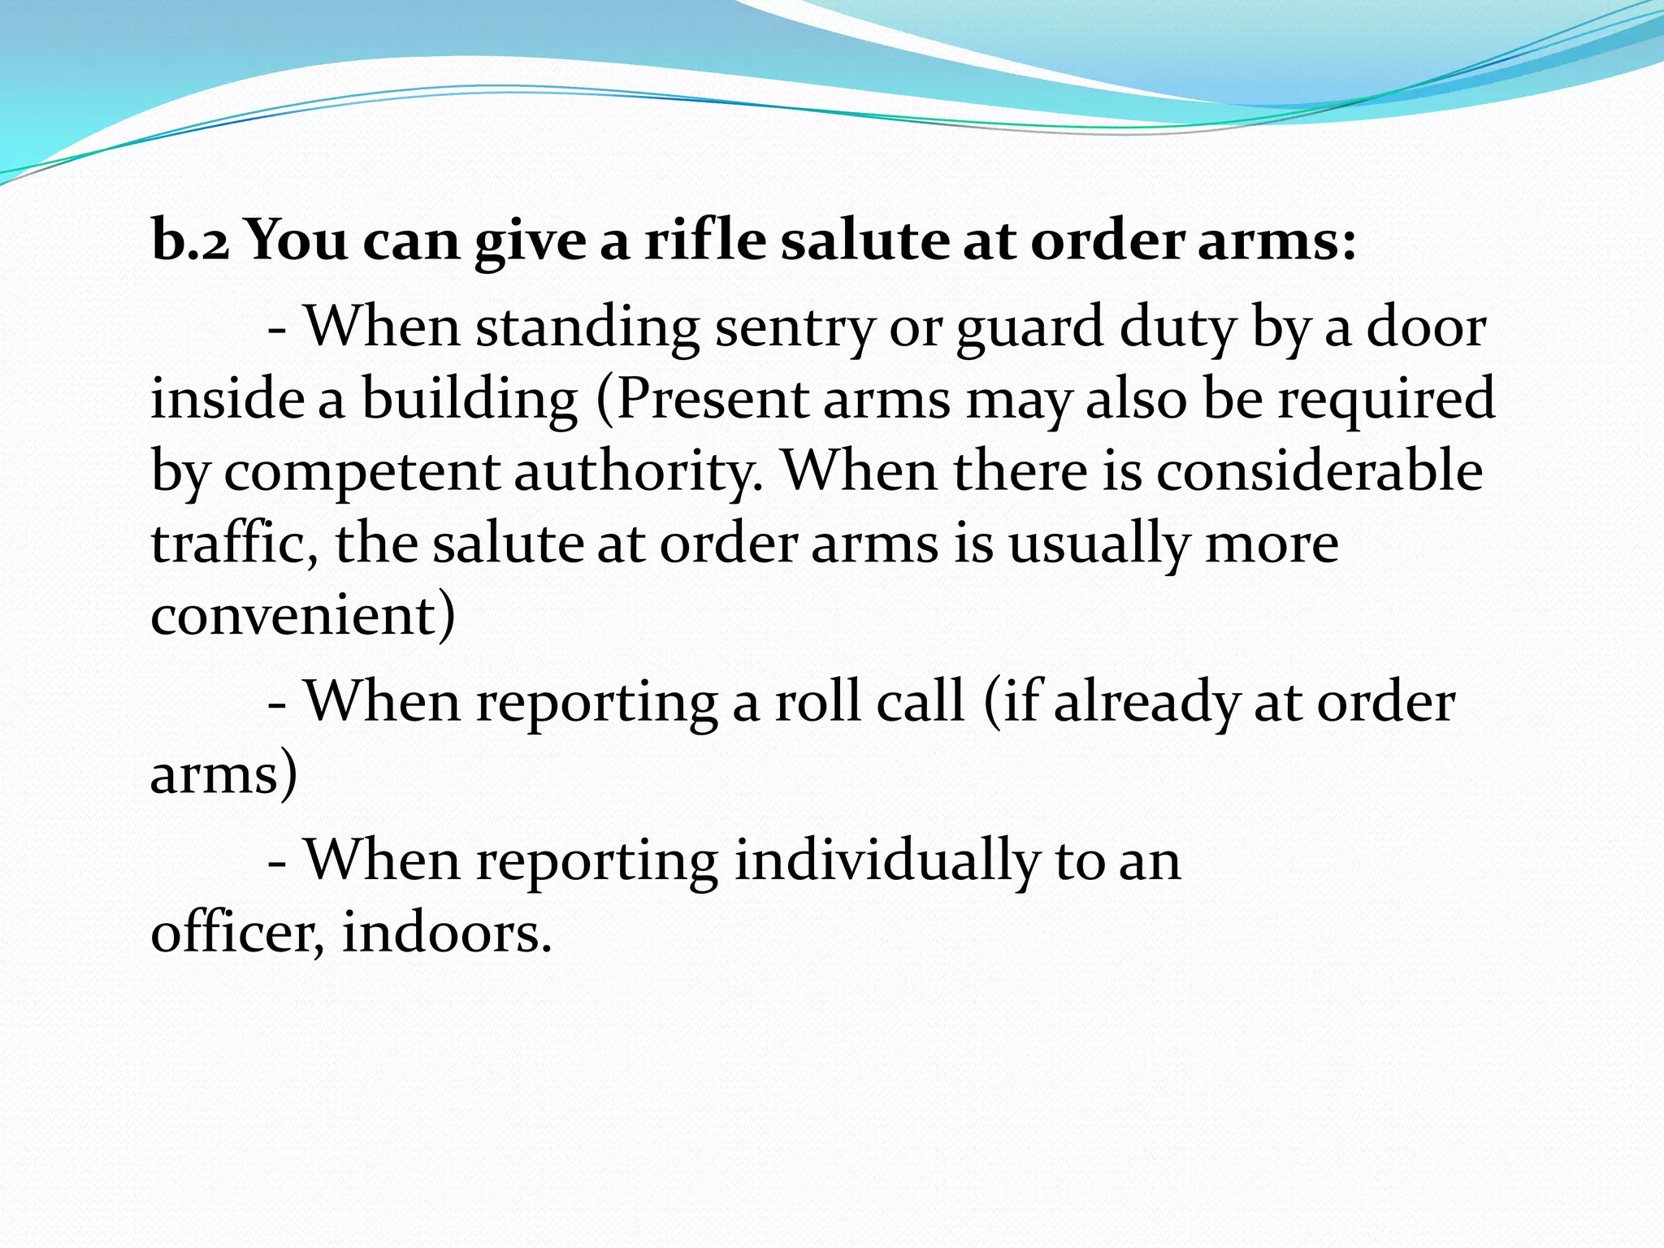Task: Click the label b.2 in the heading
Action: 190,241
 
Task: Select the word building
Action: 470,401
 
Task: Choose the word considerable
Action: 1319,471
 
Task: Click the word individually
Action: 886,860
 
